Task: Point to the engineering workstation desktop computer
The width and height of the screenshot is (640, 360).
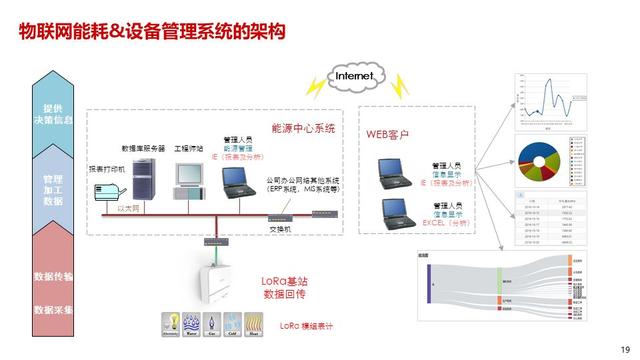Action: pos(187,176)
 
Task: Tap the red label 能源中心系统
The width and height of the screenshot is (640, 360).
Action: pos(303,129)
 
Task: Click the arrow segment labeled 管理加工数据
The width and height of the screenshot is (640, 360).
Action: pos(53,188)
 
